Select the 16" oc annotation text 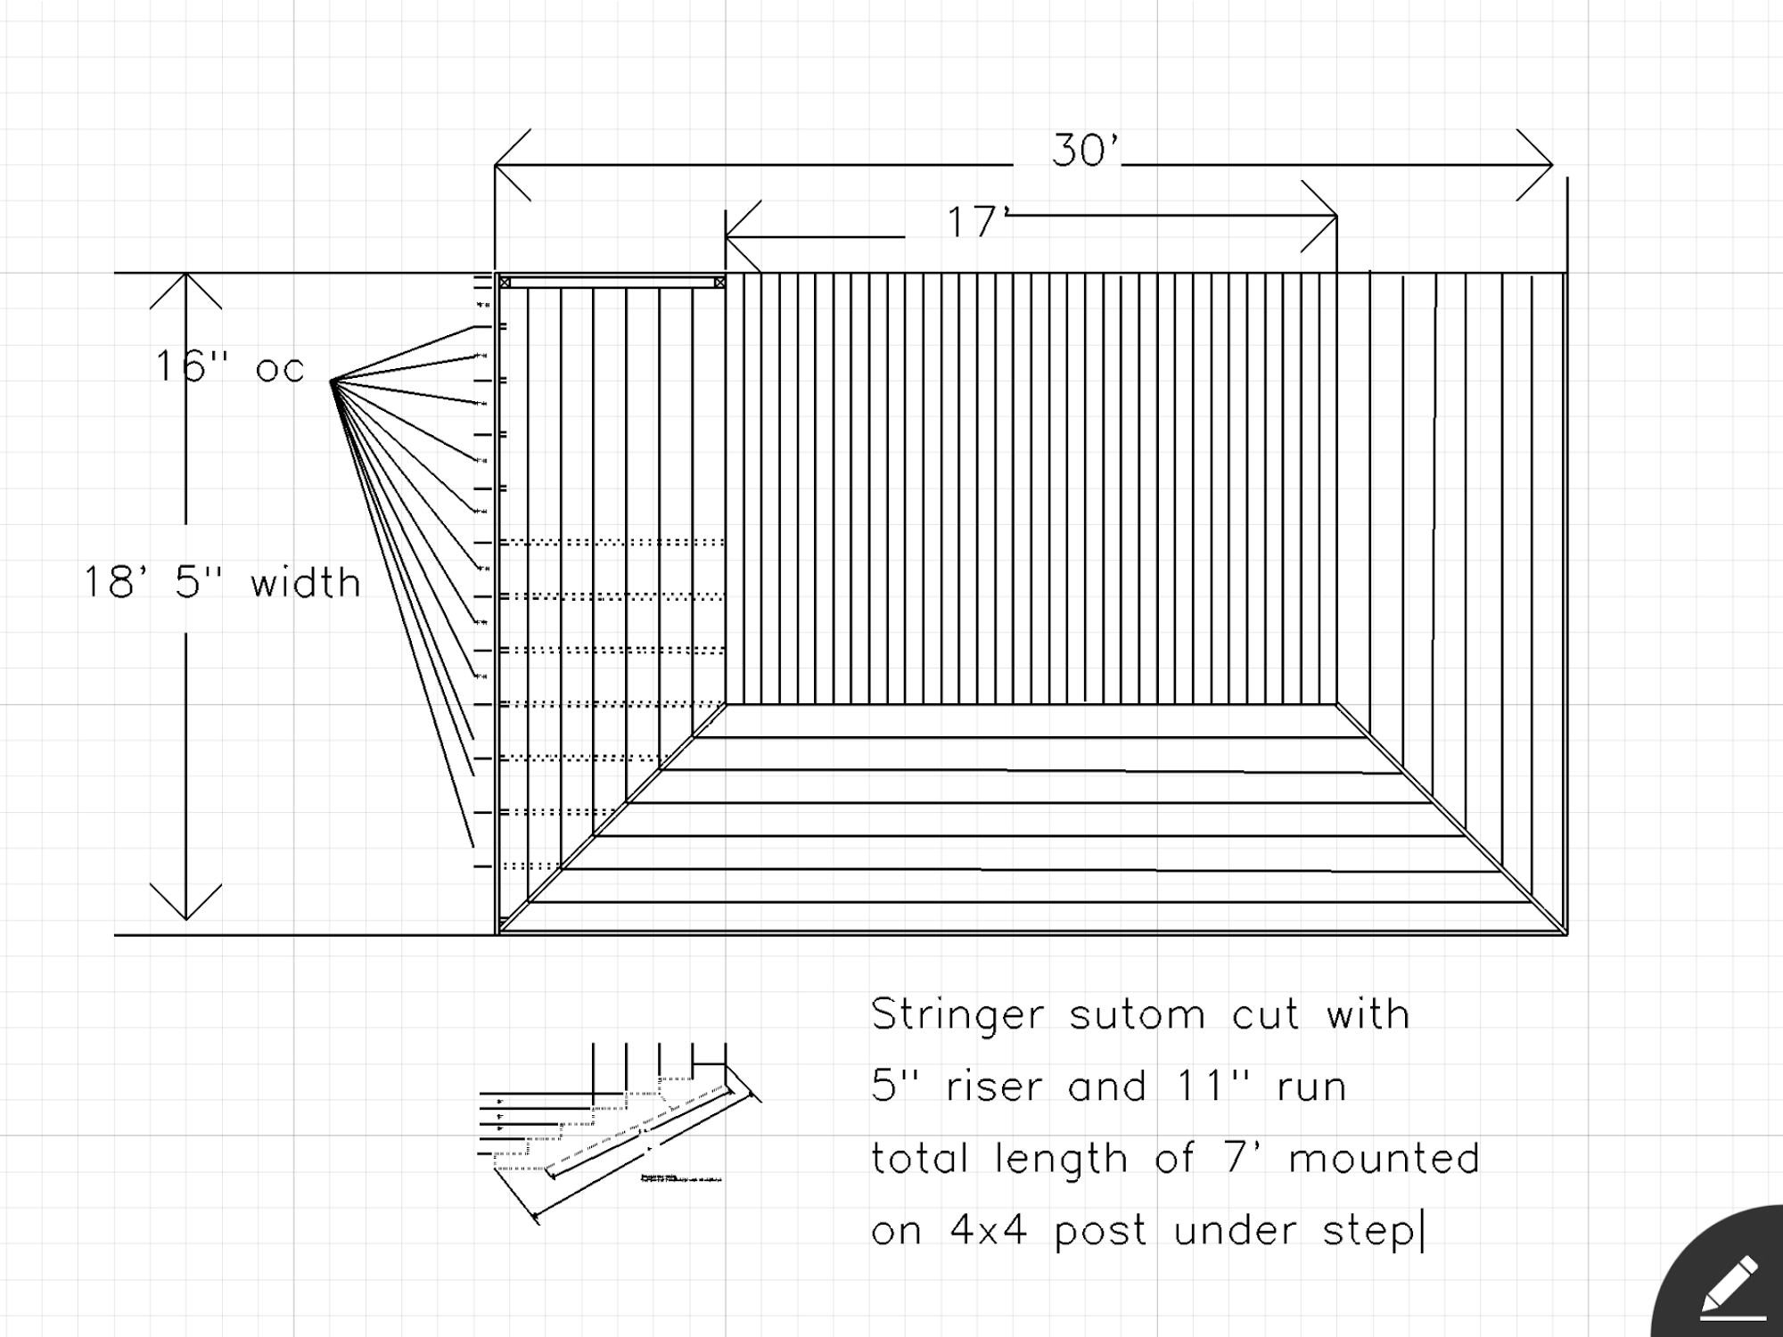point(230,367)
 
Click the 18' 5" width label point(222,583)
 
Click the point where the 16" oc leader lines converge point(332,381)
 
